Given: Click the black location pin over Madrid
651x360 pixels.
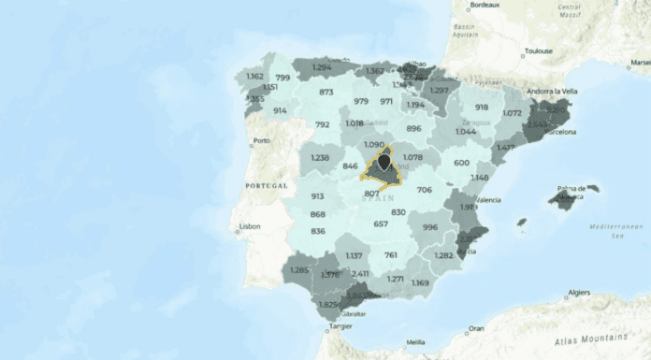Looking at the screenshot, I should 383,165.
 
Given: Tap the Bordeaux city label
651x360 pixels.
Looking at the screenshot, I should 484,6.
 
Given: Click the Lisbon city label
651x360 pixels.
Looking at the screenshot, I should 250,226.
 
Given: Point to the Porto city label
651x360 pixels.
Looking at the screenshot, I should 261,142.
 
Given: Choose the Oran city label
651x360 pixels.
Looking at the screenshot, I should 477,328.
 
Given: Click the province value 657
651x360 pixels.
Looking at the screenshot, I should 381,223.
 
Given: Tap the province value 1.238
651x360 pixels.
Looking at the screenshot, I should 320,158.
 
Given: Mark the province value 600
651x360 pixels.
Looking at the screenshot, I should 461,163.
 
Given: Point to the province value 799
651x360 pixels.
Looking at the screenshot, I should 283,78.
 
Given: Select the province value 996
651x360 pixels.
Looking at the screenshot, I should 430,227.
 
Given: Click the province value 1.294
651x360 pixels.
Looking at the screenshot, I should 323,67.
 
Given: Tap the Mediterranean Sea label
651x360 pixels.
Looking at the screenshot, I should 613,231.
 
